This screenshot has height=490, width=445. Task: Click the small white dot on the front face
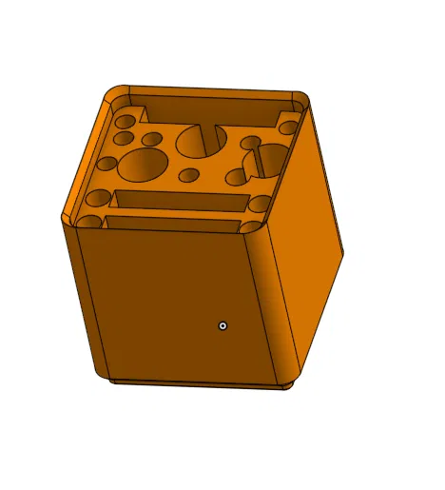coord(222,325)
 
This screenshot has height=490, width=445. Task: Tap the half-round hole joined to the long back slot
coord(199,141)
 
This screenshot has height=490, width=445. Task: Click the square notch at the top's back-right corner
coord(288,125)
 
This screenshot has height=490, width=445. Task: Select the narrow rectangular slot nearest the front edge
coord(171,225)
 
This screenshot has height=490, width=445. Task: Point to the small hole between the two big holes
coord(189,175)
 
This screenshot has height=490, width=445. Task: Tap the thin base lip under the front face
coord(200,382)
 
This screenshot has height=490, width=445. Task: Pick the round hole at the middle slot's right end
coord(259,203)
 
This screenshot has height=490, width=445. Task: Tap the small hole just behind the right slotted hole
coord(251,144)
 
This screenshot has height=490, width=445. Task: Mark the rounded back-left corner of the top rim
coord(116,93)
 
